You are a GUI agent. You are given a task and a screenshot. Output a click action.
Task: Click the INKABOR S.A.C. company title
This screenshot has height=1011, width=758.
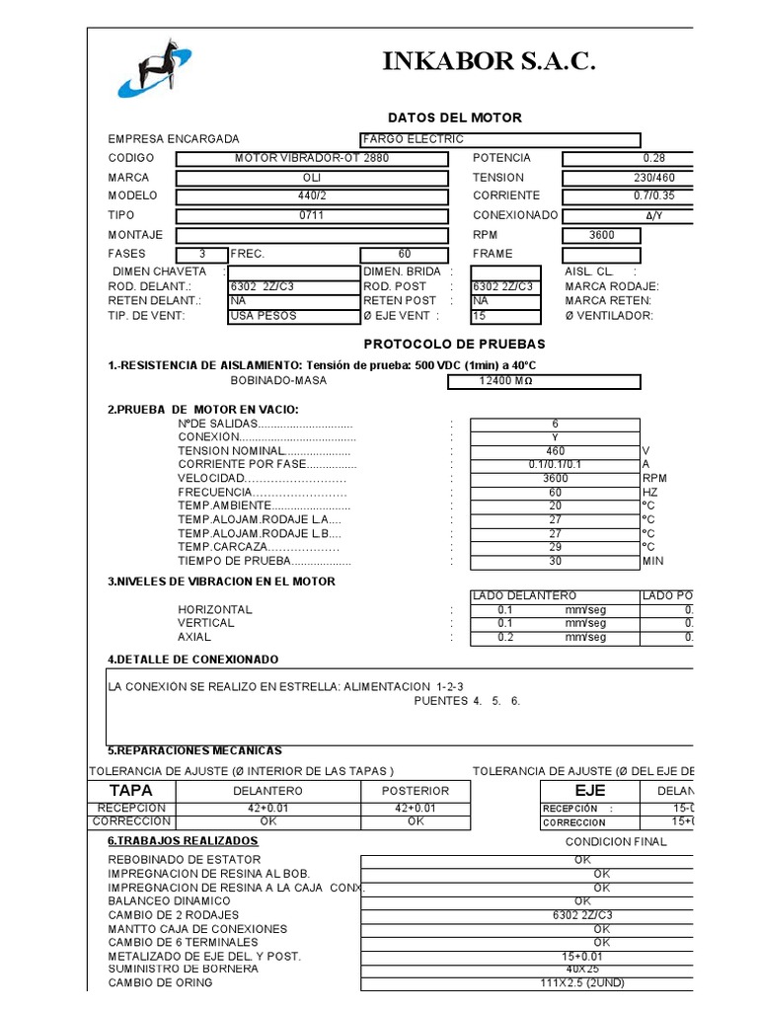pos(490,63)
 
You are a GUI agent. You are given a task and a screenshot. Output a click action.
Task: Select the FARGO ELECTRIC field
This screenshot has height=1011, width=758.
pos(500,139)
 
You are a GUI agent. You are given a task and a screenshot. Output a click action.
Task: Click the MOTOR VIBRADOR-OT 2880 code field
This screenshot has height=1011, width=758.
pos(311,158)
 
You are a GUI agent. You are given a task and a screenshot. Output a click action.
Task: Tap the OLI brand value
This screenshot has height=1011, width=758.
pos(311,178)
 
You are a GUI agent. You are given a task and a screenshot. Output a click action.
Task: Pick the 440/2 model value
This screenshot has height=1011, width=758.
pos(311,195)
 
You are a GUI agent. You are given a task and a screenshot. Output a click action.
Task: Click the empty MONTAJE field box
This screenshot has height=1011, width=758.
pos(311,235)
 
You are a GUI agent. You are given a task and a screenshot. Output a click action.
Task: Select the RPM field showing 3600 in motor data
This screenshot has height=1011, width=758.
pos(601,235)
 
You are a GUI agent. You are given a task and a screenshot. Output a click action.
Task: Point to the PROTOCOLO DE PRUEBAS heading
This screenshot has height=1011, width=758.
pos(454,345)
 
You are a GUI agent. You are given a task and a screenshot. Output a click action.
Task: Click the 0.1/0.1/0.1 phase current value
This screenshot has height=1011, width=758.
pos(555,464)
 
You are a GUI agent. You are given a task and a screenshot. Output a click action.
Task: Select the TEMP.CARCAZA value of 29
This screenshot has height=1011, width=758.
pos(555,547)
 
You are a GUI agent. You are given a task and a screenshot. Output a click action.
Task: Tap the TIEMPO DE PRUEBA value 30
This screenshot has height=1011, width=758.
pos(555,561)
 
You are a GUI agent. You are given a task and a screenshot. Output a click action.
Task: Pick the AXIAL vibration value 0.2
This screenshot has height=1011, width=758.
pos(505,637)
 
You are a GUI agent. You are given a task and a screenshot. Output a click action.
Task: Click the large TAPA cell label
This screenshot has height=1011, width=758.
pos(131,791)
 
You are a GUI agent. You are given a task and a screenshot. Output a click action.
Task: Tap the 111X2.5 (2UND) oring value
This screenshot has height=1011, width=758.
pos(582,982)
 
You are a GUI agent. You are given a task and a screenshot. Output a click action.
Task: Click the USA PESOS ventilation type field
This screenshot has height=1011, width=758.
pos(293,316)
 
